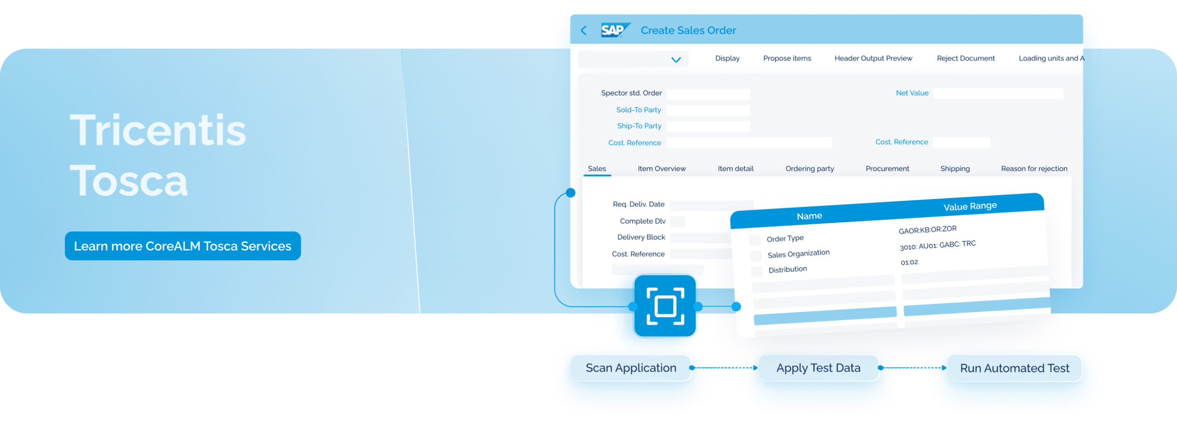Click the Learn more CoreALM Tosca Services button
[x=183, y=246]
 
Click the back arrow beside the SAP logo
[x=584, y=31]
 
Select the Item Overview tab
[x=661, y=169]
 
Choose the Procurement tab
[x=887, y=169]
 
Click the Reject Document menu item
[x=966, y=58]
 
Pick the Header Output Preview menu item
[x=873, y=58]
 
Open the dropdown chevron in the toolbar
[x=676, y=60]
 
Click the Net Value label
[x=912, y=93]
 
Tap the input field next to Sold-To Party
[x=708, y=110]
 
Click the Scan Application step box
[x=631, y=368]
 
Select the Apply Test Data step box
[x=818, y=368]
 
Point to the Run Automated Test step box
[x=1014, y=368]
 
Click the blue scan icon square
[x=665, y=306]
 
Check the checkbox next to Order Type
[x=754, y=240]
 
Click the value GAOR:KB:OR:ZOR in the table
[x=927, y=229]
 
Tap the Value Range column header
[x=970, y=206]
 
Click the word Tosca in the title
[x=129, y=181]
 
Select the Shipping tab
[x=954, y=169]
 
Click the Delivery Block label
[x=641, y=237]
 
